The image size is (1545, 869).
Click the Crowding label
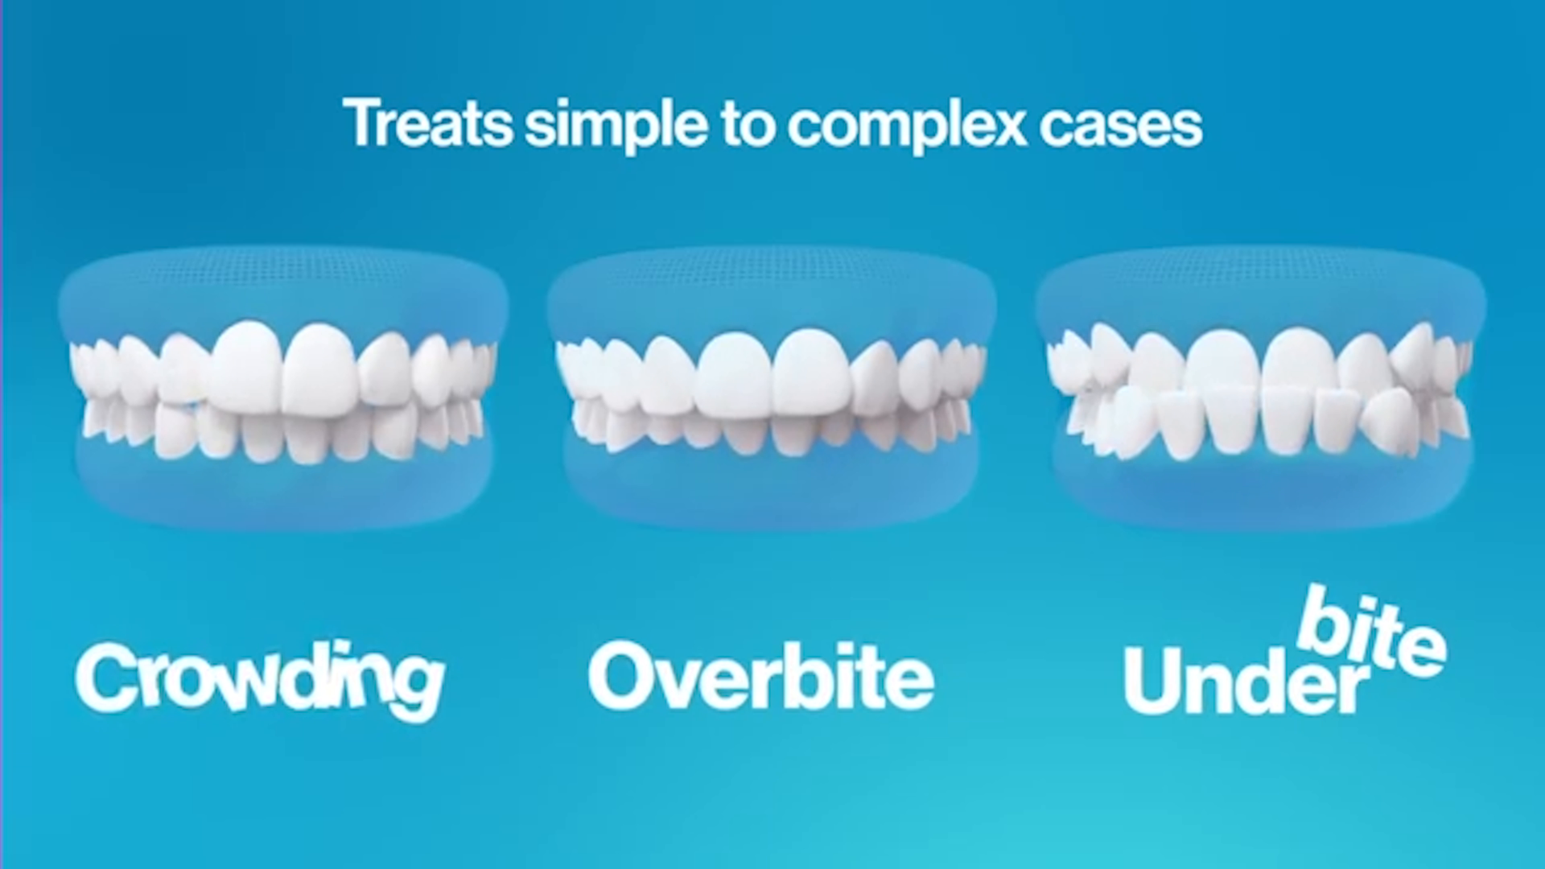[260, 677]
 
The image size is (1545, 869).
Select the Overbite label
[761, 676]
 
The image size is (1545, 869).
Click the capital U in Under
[1155, 681]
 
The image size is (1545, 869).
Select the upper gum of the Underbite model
[1260, 286]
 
